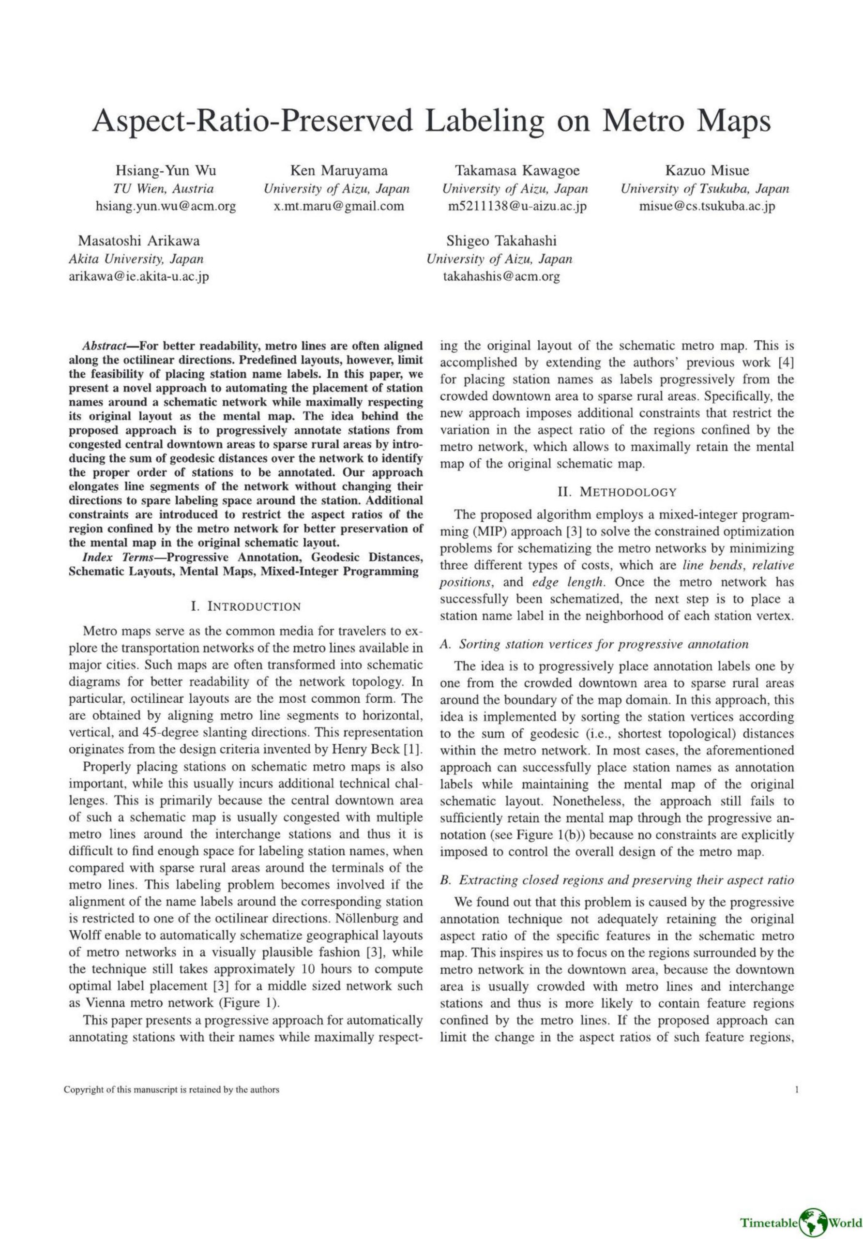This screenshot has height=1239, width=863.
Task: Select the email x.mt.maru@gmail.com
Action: click(x=339, y=206)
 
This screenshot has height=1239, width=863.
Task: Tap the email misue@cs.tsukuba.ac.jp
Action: click(x=707, y=206)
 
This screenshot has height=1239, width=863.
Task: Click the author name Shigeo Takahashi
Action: click(x=501, y=241)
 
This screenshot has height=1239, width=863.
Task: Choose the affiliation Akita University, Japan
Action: click(x=136, y=258)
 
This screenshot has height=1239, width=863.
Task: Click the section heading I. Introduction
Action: click(x=245, y=606)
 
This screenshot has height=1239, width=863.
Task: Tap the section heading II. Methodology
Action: click(x=617, y=492)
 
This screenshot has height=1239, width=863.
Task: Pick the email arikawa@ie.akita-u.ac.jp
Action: click(x=139, y=276)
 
